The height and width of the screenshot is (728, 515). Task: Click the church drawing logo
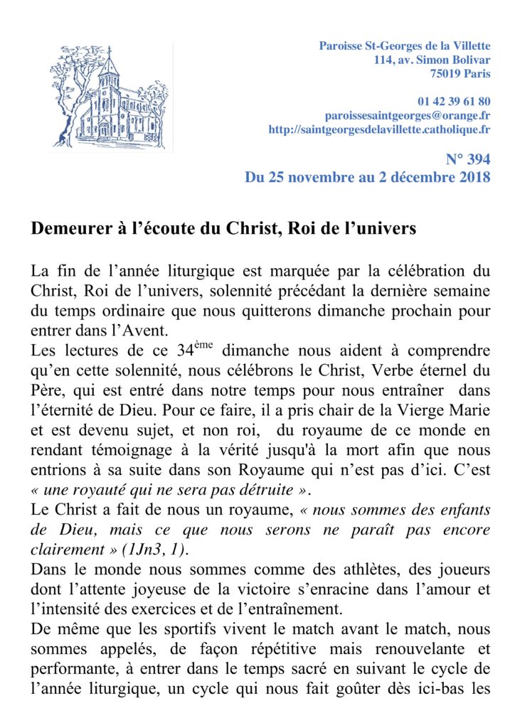(111, 95)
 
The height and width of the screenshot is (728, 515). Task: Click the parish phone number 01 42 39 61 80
(455, 101)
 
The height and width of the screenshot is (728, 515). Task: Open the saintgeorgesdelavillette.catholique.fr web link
(379, 129)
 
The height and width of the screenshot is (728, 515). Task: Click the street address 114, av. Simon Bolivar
(432, 60)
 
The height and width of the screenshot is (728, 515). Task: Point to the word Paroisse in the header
(340, 46)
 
